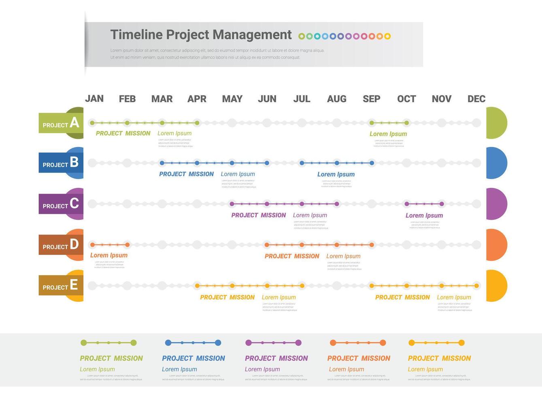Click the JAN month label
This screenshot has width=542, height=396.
click(94, 99)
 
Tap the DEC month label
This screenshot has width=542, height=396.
click(476, 99)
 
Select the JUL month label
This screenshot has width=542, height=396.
click(302, 99)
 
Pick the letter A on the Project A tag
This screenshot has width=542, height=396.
click(74, 122)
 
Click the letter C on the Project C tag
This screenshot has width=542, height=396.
click(74, 203)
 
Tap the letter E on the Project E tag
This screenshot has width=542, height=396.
click(74, 285)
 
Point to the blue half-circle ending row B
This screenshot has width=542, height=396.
click(497, 163)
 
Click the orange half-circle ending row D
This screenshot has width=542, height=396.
click(497, 245)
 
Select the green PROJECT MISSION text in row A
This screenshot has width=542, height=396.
click(123, 133)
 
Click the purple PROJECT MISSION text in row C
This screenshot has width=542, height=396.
click(259, 215)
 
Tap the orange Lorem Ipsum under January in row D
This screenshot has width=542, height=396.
click(109, 255)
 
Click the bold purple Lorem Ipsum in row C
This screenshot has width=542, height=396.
click(424, 216)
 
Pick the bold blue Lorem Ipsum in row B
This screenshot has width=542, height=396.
click(336, 175)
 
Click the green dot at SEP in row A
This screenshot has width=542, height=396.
click(372, 123)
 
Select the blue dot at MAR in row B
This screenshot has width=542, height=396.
click(162, 163)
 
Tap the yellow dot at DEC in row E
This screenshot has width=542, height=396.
click(477, 286)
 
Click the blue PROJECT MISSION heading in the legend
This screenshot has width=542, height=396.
click(193, 358)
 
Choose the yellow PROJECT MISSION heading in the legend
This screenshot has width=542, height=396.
click(440, 358)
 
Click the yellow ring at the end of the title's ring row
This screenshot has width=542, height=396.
click(387, 36)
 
